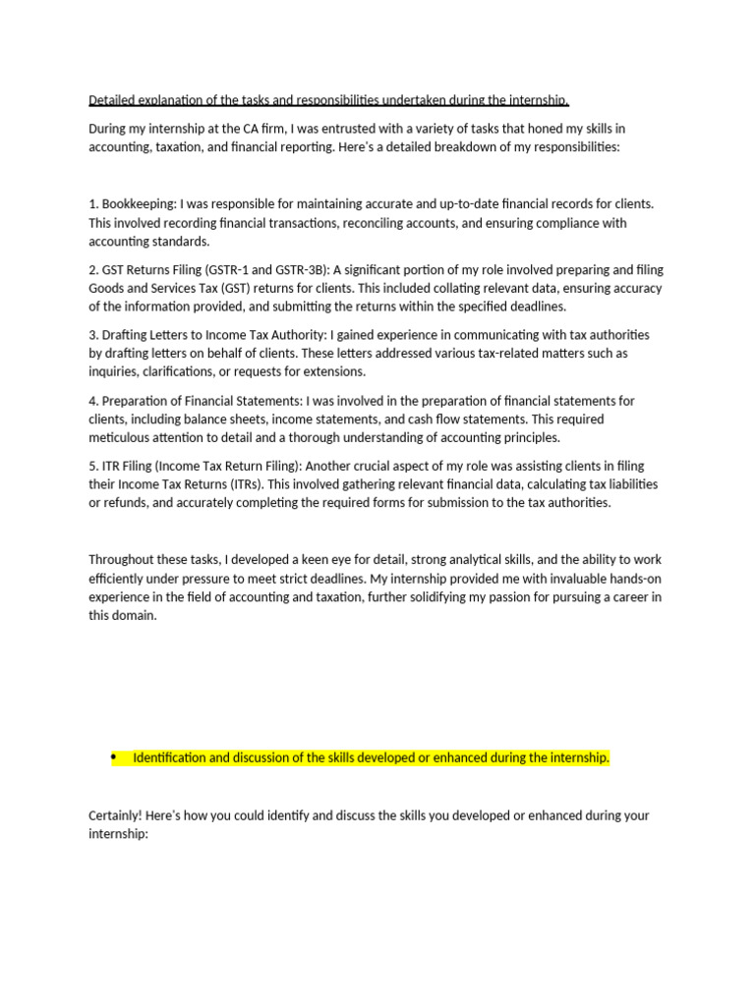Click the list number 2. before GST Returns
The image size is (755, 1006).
pos(94,270)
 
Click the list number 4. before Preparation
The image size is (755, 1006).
pos(94,401)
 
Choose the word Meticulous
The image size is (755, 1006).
pos(121,437)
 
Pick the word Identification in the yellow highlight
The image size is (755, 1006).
pos(170,758)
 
